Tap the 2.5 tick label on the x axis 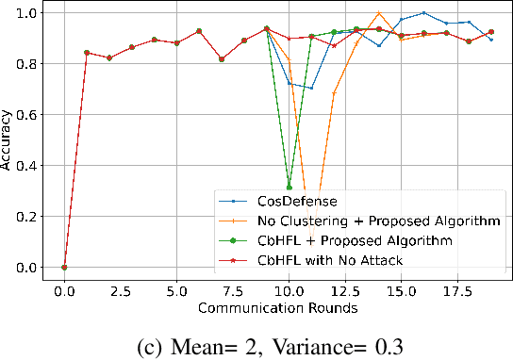(x=120, y=292)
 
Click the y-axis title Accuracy (x=8, y=141)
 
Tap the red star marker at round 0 (x=64, y=268)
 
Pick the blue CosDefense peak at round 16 (x=423, y=13)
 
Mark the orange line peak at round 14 (x=379, y=13)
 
